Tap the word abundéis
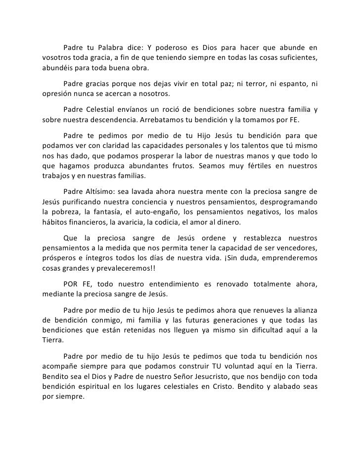click(59, 68)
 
